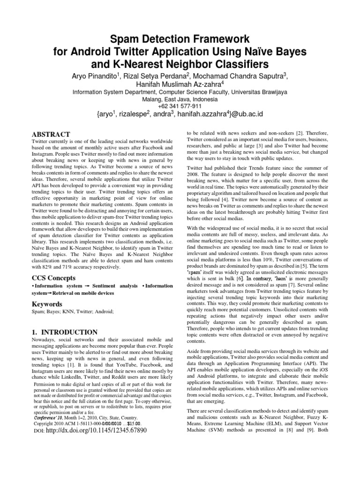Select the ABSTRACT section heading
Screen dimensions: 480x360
point(51,134)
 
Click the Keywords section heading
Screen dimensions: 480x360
point(48,304)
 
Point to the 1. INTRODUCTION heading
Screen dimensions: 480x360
point(64,332)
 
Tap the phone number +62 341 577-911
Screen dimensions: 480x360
point(180,106)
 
